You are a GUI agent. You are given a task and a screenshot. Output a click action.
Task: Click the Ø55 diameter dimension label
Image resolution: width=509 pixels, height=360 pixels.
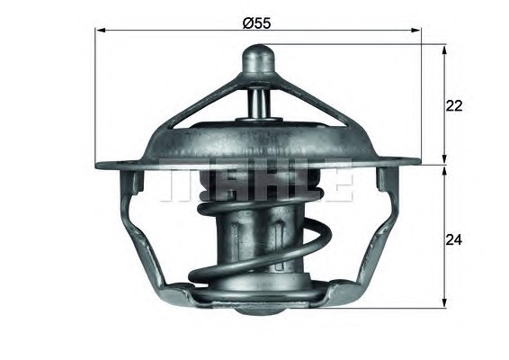tap(256, 23)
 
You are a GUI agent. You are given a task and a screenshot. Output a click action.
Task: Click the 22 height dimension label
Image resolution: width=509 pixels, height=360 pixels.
tap(454, 106)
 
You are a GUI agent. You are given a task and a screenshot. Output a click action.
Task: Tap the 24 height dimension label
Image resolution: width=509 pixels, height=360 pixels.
tap(454, 240)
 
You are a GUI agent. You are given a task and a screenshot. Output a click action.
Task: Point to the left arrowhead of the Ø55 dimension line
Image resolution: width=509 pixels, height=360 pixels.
tap(101, 31)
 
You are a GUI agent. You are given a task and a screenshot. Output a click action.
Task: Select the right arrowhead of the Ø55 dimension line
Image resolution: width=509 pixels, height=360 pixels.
tap(416, 31)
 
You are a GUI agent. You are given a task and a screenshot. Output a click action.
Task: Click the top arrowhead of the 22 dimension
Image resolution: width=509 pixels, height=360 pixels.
tap(445, 49)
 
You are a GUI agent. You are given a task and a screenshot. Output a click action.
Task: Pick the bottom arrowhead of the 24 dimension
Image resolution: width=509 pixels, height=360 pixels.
tap(445, 302)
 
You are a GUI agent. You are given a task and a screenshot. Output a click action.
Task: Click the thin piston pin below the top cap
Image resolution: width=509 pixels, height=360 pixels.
tap(259, 103)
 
